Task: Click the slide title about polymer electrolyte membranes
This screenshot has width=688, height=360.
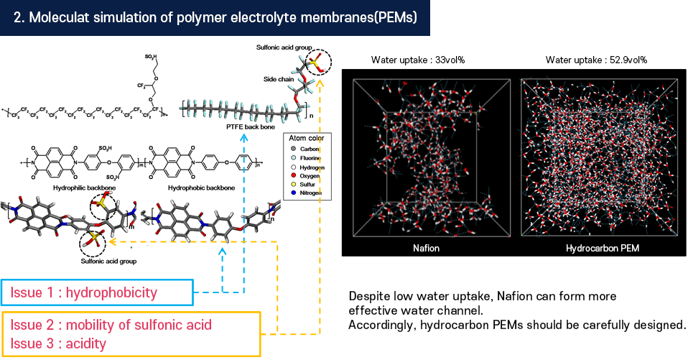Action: coord(215,18)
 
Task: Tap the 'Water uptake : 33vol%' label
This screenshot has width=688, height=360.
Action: coord(418,60)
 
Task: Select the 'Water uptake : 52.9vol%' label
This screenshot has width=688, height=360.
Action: coord(596,60)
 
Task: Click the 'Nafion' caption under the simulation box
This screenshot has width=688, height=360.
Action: coord(427,248)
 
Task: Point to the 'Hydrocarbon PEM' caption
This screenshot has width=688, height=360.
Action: coord(602,248)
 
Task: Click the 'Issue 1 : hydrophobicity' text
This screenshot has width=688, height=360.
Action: coord(84,292)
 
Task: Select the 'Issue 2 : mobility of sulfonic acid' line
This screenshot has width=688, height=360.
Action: coord(111,325)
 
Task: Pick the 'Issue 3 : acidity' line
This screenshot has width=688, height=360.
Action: coord(58,343)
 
